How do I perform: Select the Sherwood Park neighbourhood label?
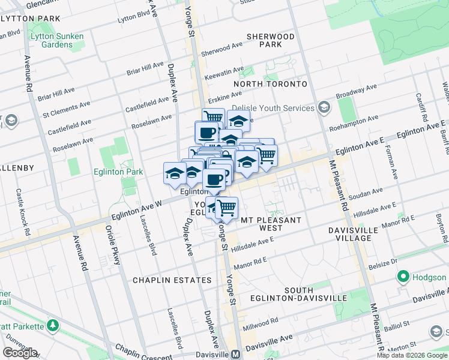tap(271, 41)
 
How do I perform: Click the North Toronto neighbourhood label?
tap(270, 84)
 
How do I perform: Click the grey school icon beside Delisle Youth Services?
tap(324, 108)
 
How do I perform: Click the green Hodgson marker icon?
tap(402, 277)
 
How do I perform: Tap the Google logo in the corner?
tap(20, 353)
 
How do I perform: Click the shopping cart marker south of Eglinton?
tap(226, 208)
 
